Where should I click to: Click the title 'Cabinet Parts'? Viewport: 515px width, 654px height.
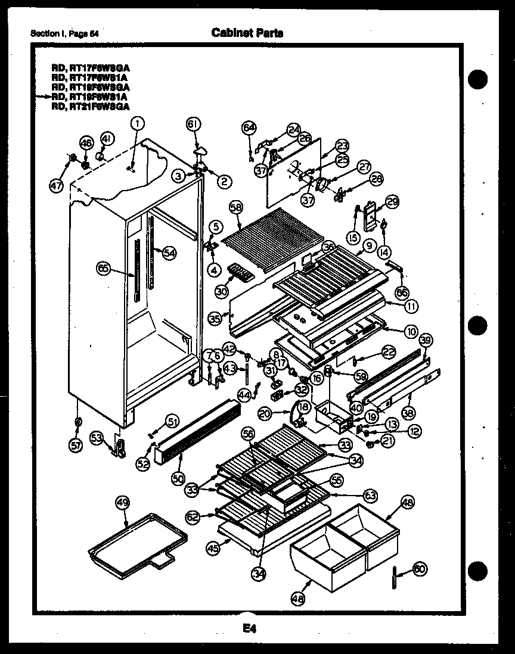(247, 33)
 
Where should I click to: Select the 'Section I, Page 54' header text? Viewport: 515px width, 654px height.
(64, 33)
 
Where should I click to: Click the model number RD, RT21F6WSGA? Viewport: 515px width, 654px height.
(90, 107)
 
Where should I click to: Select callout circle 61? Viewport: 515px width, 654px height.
(193, 124)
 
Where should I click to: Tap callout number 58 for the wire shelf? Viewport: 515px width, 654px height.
(236, 207)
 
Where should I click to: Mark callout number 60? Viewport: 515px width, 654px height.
(420, 569)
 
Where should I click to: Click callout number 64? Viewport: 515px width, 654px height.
(249, 128)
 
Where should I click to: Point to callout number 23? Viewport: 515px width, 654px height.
(342, 145)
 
